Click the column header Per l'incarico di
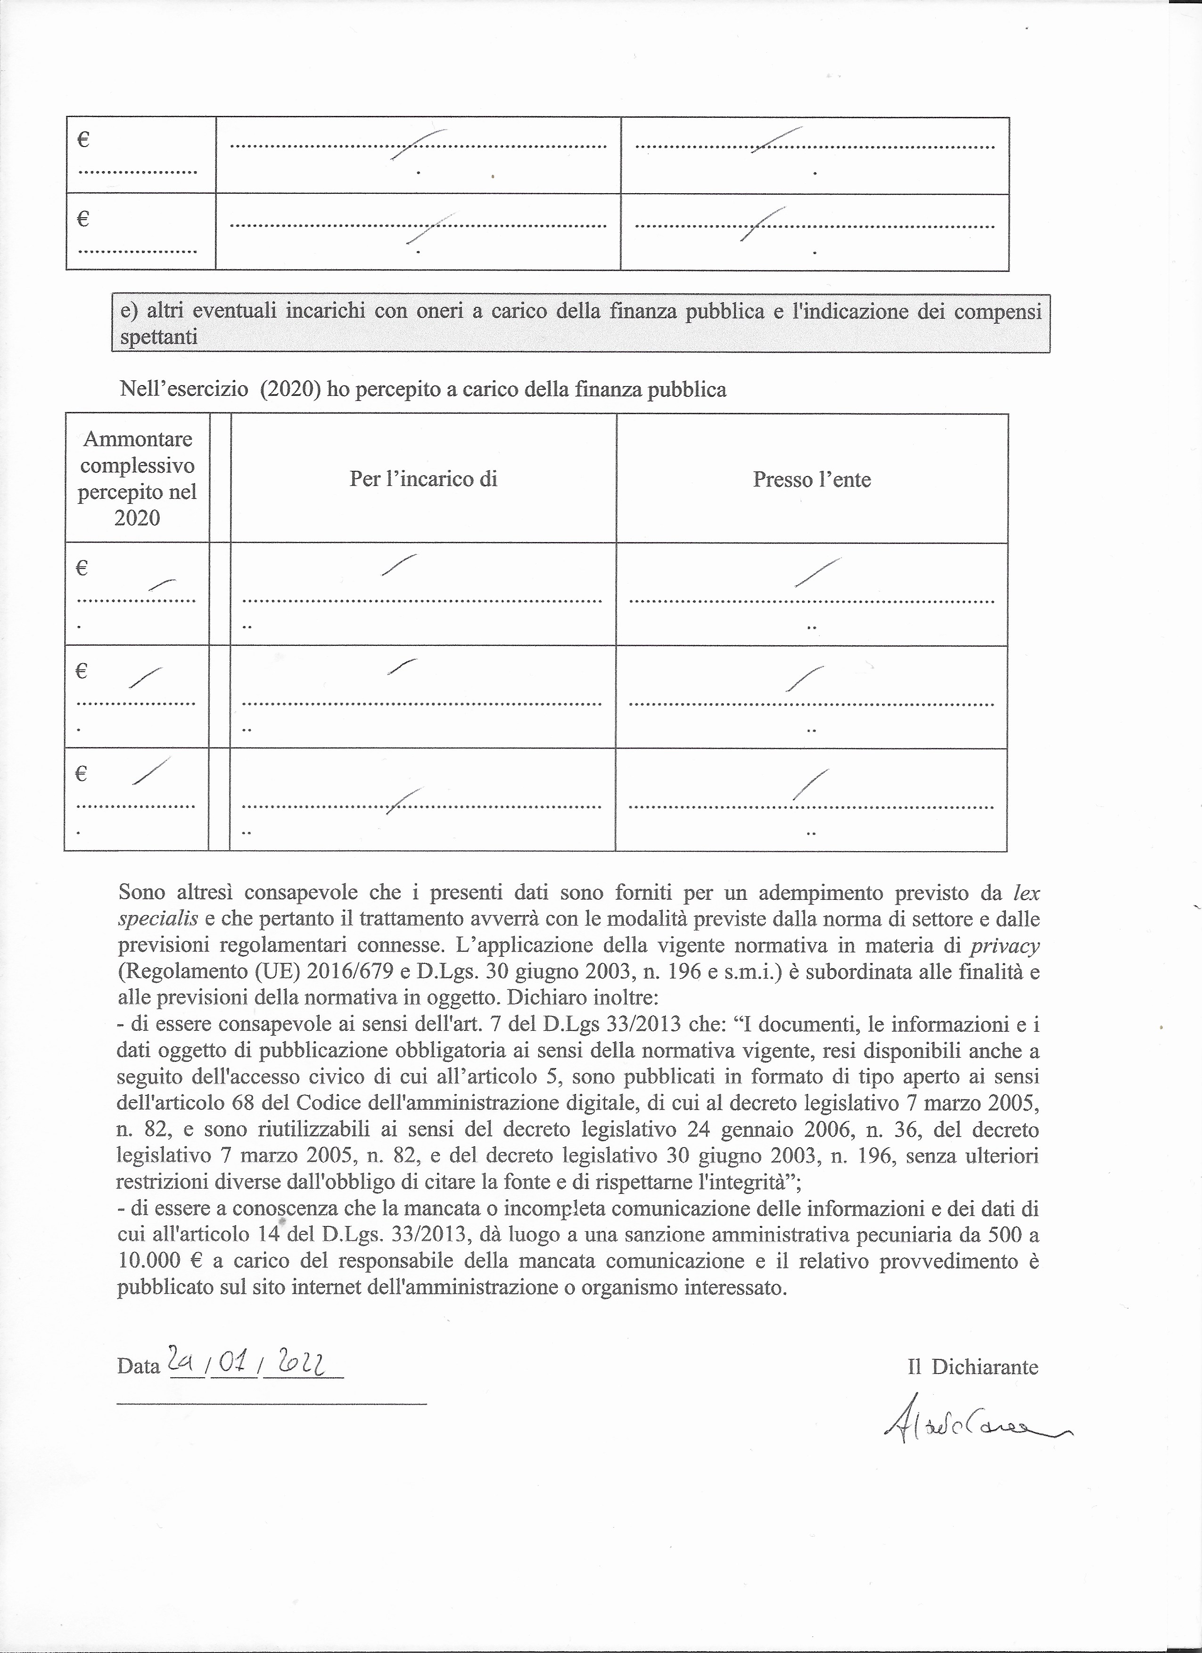coord(423,479)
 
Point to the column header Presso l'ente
coord(812,479)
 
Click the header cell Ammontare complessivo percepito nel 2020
coord(137,478)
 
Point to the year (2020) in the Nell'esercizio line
coord(290,390)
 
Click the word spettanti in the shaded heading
coord(158,338)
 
